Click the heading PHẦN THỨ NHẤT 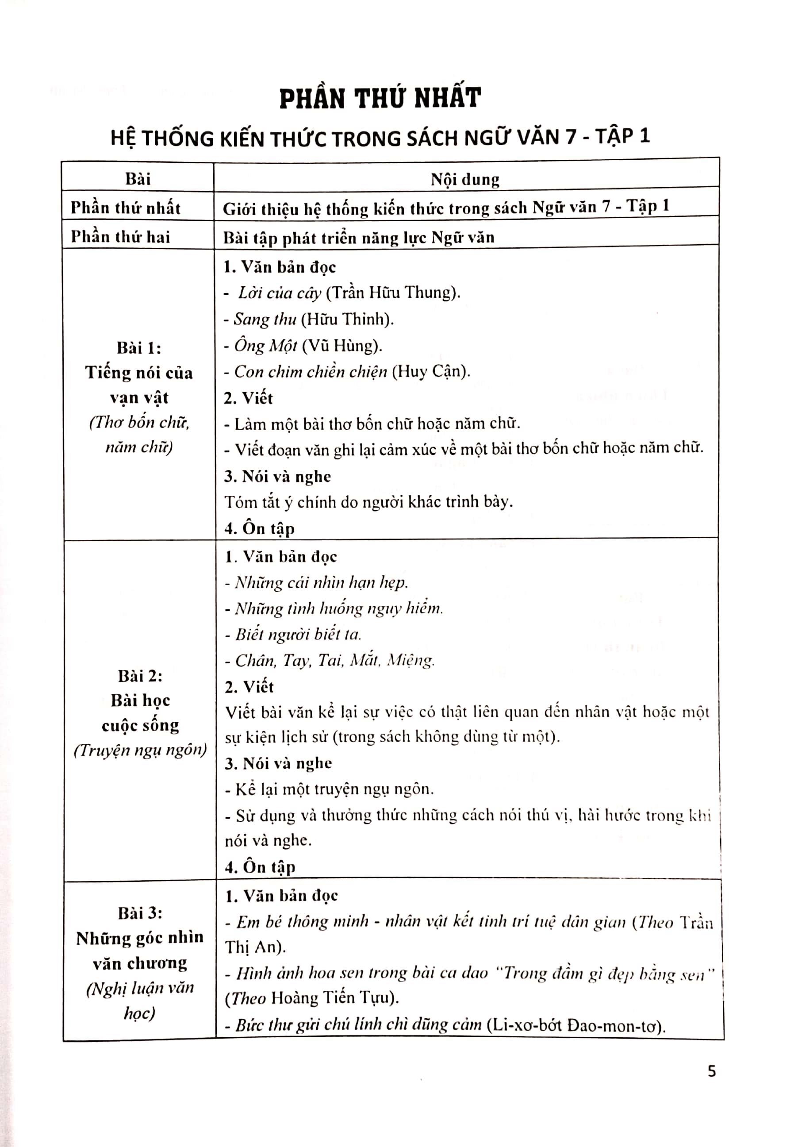click(x=380, y=98)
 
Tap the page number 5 click(x=712, y=1071)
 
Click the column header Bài click(x=138, y=179)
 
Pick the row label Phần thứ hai click(x=120, y=237)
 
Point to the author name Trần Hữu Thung click(x=392, y=293)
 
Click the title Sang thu click(x=265, y=319)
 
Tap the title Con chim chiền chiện click(x=311, y=372)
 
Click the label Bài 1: click(x=139, y=348)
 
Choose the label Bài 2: click(x=140, y=676)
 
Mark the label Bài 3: click(x=140, y=913)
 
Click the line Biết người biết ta click(x=298, y=635)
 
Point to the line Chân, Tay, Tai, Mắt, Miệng click(x=334, y=660)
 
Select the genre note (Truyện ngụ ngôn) click(x=140, y=751)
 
